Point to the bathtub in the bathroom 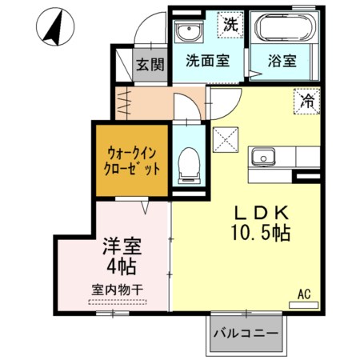[284, 29]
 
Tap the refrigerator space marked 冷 [307, 101]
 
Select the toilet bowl [189, 162]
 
